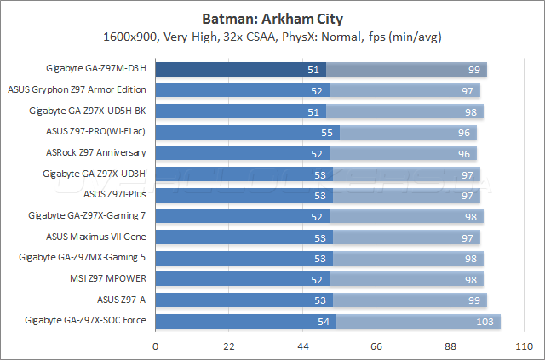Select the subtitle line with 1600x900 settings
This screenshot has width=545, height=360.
pos(272,37)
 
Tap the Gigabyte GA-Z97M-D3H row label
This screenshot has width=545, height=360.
pos(97,69)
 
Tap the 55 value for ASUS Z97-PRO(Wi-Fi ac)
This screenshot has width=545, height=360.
pos(327,132)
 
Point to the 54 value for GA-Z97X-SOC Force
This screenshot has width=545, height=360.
pos(324,321)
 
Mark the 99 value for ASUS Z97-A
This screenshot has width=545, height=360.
pos(474,300)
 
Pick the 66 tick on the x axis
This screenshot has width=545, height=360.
pos(376,346)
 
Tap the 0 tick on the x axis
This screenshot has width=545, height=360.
pos(155,346)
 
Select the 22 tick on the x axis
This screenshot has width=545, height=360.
pos(229,346)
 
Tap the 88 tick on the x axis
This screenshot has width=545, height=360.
pos(450,346)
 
